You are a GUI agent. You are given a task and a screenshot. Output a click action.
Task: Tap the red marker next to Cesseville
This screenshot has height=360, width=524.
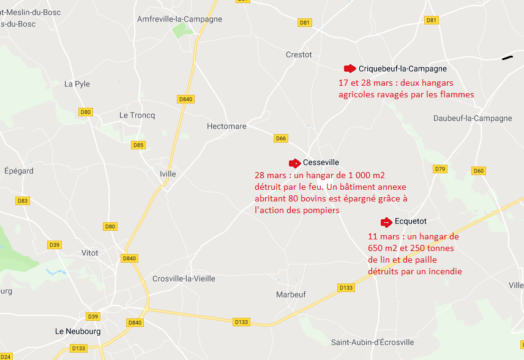[294, 163]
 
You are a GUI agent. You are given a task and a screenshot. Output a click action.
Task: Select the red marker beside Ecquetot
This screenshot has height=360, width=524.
[386, 222]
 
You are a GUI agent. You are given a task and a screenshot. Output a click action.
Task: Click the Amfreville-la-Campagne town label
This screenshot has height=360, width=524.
[179, 20]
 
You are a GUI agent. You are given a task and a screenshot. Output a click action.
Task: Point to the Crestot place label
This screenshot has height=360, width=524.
[299, 55]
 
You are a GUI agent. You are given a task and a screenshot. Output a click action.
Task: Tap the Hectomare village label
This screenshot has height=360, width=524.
[226, 127]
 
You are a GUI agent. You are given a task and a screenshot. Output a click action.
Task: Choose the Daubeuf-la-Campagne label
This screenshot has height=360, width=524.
[472, 118]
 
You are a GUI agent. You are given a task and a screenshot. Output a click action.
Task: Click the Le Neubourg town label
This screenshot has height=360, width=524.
[78, 332]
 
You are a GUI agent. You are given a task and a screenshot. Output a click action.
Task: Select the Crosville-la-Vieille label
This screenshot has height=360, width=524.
[184, 279]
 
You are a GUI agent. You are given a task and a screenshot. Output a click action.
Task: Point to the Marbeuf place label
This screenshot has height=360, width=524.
[291, 294]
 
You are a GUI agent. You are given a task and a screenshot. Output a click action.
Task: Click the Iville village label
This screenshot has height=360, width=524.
[167, 174]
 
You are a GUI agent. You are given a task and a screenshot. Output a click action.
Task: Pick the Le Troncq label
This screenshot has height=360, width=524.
[137, 115]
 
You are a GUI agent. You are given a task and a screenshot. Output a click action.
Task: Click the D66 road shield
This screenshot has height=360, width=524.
[281, 138]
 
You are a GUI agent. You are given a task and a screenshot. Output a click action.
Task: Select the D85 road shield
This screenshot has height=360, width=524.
[139, 145]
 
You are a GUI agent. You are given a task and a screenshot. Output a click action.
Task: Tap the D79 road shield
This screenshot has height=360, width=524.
[440, 169]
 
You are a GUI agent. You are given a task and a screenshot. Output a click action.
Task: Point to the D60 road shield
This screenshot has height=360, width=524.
[478, 171]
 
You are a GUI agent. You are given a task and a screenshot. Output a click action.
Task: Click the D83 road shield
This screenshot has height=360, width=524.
[23, 201]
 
